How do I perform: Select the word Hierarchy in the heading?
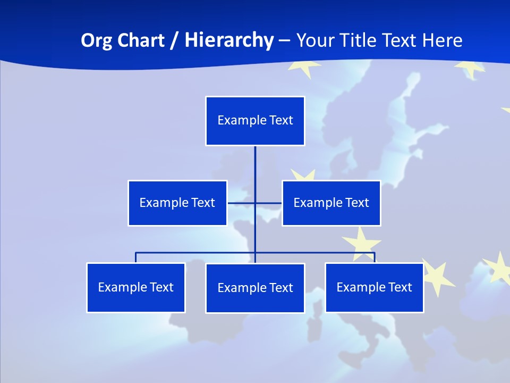point(229,40)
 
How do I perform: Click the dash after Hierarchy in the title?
point(284,40)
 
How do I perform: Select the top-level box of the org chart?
point(255,121)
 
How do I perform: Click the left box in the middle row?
point(177,203)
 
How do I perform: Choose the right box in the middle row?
point(331,203)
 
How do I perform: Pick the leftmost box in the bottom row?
point(136,287)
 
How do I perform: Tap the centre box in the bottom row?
point(255,288)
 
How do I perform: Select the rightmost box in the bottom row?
point(374,287)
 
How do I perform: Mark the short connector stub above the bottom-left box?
point(136,257)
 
